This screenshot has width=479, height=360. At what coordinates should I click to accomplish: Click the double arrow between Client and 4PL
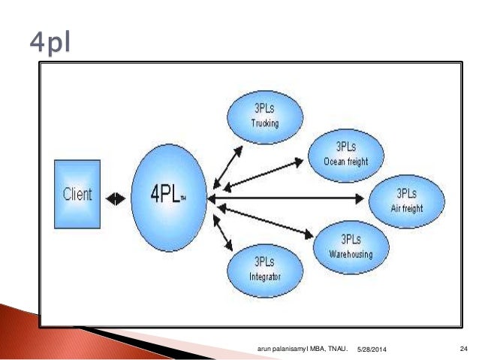tap(116, 199)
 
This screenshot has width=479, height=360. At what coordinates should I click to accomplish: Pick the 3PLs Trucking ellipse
tap(264, 116)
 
